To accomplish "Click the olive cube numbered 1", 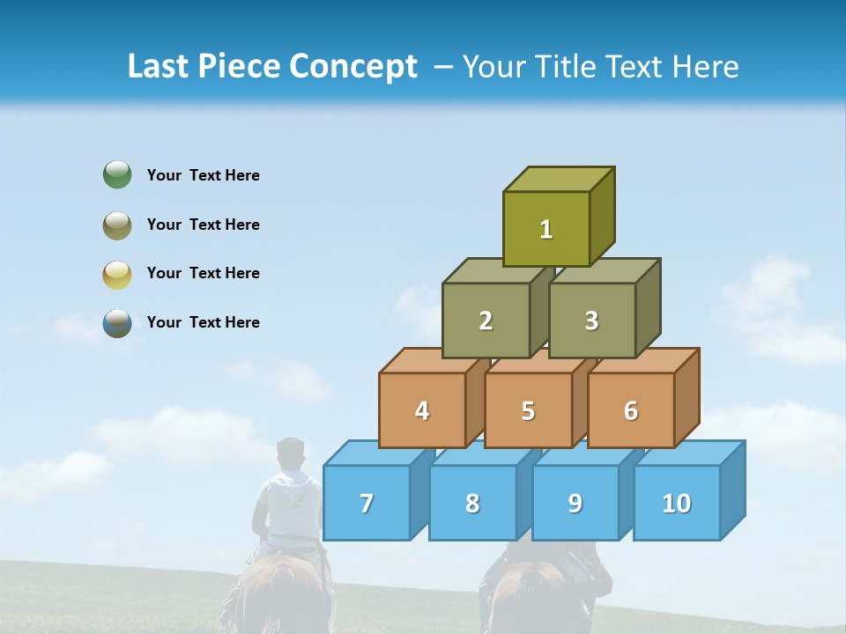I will point(546,229).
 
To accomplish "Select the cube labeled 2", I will point(486,321).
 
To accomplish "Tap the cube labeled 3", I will point(591,321).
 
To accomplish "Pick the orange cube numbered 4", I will point(422,410).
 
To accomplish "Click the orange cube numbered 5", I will point(528,410).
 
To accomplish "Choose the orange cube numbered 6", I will point(631,410).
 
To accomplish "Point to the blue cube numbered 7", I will point(367,503).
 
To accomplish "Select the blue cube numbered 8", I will point(472,503).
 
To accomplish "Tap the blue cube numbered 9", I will point(575,503).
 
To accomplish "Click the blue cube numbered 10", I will point(677,503).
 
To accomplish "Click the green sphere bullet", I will point(117,174).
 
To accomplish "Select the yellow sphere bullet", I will point(117,275).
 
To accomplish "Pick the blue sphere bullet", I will point(117,323).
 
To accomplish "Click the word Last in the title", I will point(159,67).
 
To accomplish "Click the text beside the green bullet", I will point(204,175).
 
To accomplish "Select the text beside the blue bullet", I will point(204,322).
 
